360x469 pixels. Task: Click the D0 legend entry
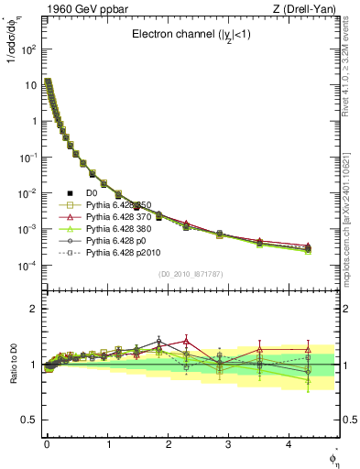[91, 193]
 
